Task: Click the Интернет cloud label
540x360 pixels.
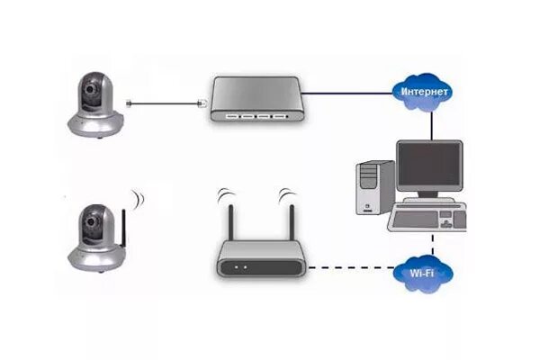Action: coord(422,92)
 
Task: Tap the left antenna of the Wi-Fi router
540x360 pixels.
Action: coord(229,220)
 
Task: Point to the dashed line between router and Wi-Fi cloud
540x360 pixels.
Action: coord(350,268)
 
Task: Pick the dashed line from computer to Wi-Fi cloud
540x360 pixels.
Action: coord(433,245)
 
